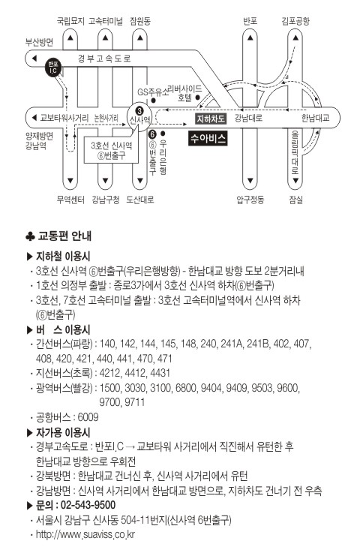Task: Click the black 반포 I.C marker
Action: (x=53, y=67)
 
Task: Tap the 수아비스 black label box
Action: (x=208, y=138)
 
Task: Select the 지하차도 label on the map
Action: (x=211, y=119)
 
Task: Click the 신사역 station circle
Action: (x=140, y=116)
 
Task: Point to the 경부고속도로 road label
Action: (x=104, y=59)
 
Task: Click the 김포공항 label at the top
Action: (x=295, y=21)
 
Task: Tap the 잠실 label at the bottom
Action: (x=296, y=200)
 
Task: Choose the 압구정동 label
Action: (x=250, y=200)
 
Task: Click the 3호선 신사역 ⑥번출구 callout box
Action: (x=111, y=150)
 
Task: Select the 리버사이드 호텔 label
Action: (x=184, y=93)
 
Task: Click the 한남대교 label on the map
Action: (x=315, y=118)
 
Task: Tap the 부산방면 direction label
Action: (x=39, y=43)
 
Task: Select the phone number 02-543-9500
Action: (x=88, y=505)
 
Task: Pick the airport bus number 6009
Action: (x=88, y=417)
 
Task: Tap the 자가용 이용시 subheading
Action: (x=63, y=432)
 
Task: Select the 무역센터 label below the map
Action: (x=70, y=200)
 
